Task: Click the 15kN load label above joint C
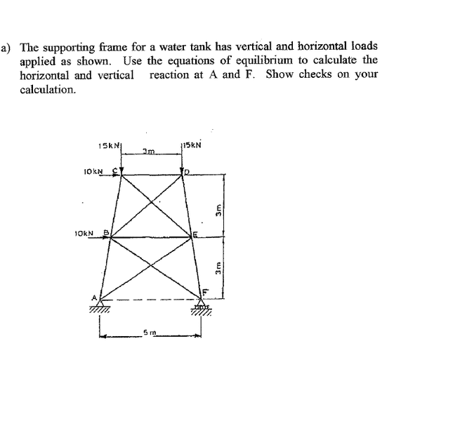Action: [106, 145]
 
